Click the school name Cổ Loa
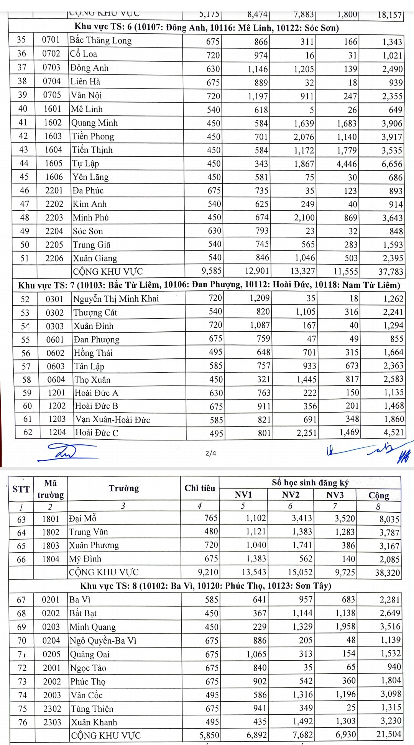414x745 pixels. pyautogui.click(x=83, y=54)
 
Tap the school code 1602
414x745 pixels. pyautogui.click(x=53, y=123)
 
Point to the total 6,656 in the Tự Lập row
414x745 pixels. pyautogui.click(x=392, y=164)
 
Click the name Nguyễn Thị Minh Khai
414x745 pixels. pyautogui.click(x=116, y=299)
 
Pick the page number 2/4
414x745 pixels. pyautogui.click(x=211, y=453)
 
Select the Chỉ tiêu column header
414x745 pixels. pyautogui.click(x=199, y=488)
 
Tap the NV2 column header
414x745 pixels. pyautogui.click(x=290, y=495)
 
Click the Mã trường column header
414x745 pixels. pyautogui.click(x=50, y=489)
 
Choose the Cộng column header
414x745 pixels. pyautogui.click(x=378, y=495)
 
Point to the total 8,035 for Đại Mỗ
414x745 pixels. pyautogui.click(x=389, y=519)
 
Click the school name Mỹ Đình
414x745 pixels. pyautogui.click(x=85, y=559)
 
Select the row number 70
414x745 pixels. pyautogui.click(x=22, y=640)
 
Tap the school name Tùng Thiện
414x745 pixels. pyautogui.click(x=92, y=709)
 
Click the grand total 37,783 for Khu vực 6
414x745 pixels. pyautogui.click(x=391, y=272)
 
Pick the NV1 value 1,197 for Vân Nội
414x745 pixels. pyautogui.click(x=258, y=96)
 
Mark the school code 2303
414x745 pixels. pyautogui.click(x=52, y=722)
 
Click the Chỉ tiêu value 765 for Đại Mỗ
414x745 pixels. pyautogui.click(x=211, y=518)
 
